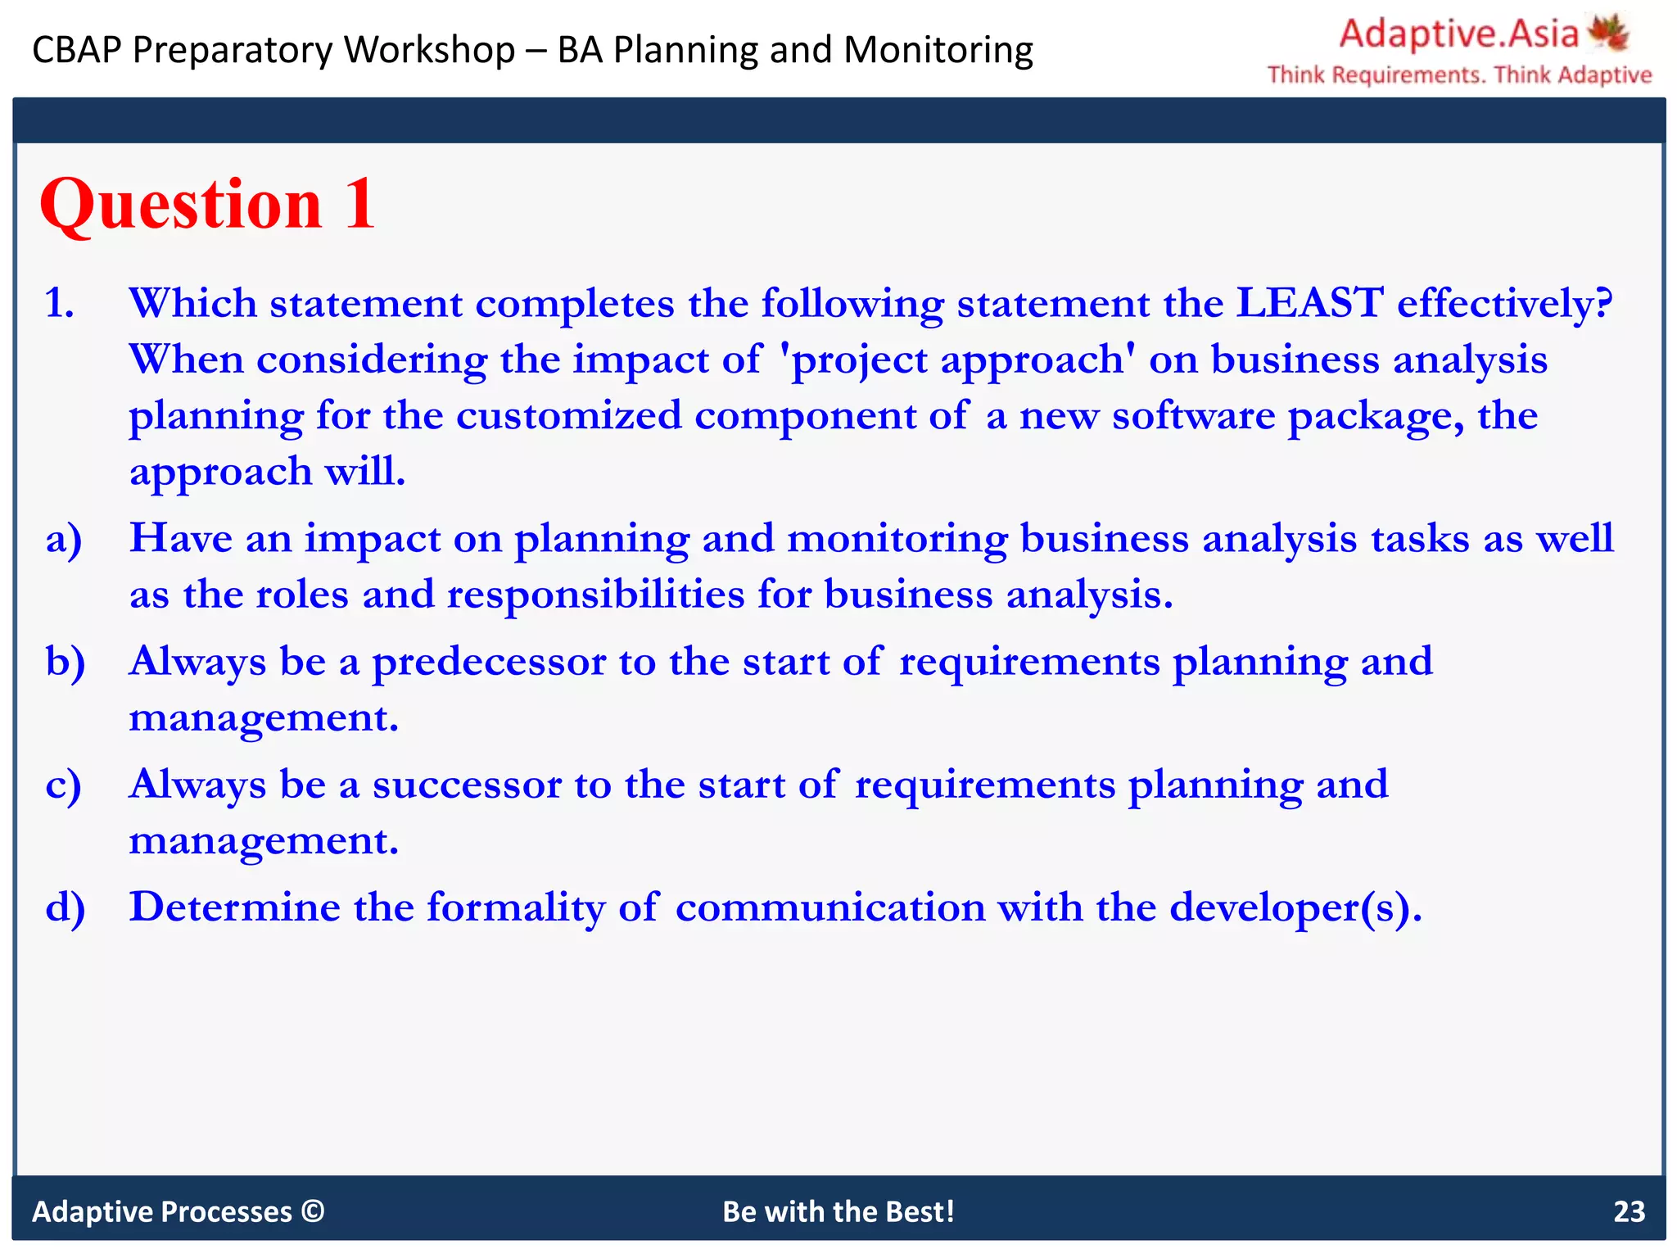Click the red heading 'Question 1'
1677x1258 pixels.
tap(207, 205)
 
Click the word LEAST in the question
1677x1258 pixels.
tap(1309, 303)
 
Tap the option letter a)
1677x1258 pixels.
tap(64, 540)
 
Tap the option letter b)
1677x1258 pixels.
tap(66, 662)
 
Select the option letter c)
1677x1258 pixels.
tap(63, 785)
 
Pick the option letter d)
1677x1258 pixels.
tap(66, 907)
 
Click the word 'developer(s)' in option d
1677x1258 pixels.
tap(1295, 907)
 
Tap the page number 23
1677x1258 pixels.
tap(1628, 1211)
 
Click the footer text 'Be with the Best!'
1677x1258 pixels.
tap(838, 1211)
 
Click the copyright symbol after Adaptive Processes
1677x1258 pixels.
tap(313, 1210)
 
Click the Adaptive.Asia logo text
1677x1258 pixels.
tap(1458, 34)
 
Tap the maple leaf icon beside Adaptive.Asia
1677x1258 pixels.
tap(1608, 33)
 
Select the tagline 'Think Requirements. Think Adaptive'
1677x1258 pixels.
tap(1459, 75)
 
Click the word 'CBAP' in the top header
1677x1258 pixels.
tap(76, 50)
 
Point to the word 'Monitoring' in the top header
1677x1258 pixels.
tap(938, 50)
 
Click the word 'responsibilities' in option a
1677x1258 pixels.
tap(595, 595)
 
